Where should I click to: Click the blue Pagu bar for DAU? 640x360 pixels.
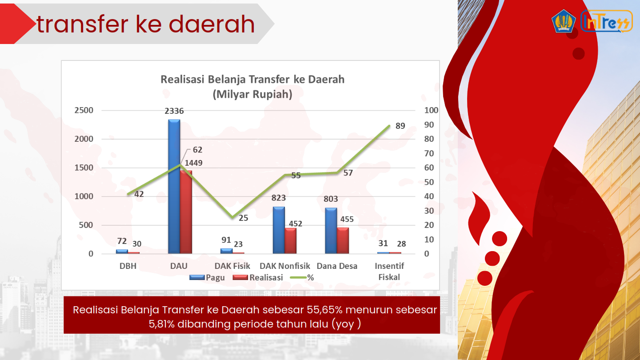174,186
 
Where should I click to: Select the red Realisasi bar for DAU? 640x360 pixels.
186,212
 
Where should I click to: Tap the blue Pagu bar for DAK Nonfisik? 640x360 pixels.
279,230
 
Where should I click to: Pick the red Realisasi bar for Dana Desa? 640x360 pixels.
343,240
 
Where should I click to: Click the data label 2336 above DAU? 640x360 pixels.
174,111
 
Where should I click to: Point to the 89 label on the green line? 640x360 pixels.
400,126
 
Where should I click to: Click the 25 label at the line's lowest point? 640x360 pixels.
243,218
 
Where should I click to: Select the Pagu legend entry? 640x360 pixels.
207,277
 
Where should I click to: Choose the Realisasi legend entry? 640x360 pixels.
258,277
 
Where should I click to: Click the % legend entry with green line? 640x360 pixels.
302,277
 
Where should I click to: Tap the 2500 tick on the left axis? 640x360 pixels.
84,110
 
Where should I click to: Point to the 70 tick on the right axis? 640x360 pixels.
429,153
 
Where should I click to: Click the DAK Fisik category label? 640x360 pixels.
232,266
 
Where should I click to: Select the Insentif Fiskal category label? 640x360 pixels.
389,272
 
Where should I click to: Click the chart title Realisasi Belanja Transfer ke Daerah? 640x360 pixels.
252,80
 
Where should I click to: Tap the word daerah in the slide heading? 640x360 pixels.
212,24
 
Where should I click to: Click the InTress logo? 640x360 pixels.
607,21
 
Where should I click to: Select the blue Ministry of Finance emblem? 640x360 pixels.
564,21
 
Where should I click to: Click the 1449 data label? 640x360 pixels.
193,163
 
